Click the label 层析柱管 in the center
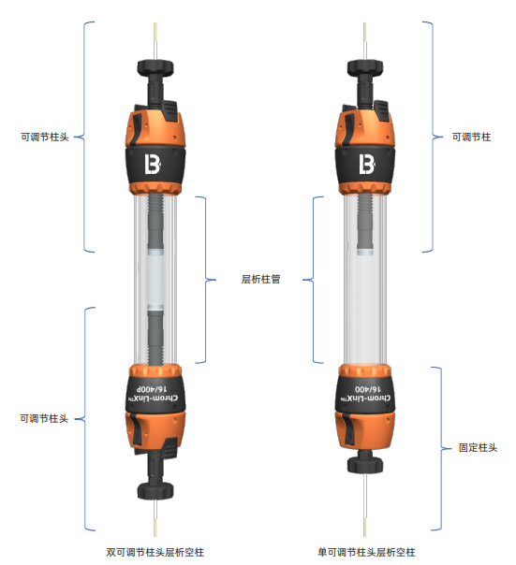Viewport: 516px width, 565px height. (260, 280)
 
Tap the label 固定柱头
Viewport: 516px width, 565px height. (478, 447)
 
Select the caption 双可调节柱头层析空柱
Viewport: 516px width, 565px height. (155, 552)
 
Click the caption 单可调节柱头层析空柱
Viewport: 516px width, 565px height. (366, 552)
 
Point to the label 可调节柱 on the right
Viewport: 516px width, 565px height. (471, 137)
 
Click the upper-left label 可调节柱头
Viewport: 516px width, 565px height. (44, 137)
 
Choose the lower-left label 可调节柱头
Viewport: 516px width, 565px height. (44, 418)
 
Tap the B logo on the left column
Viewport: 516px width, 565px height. (153, 164)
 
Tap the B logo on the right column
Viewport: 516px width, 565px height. (366, 164)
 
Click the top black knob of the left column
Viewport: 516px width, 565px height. (155, 68)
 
